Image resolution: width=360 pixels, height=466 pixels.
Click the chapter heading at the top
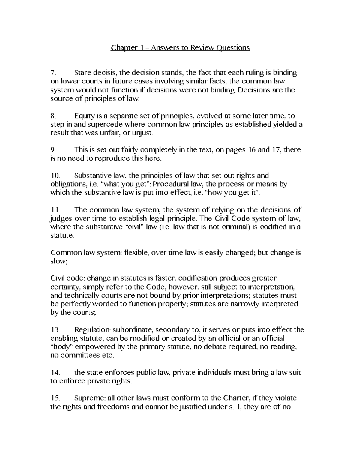[x=180, y=48]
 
